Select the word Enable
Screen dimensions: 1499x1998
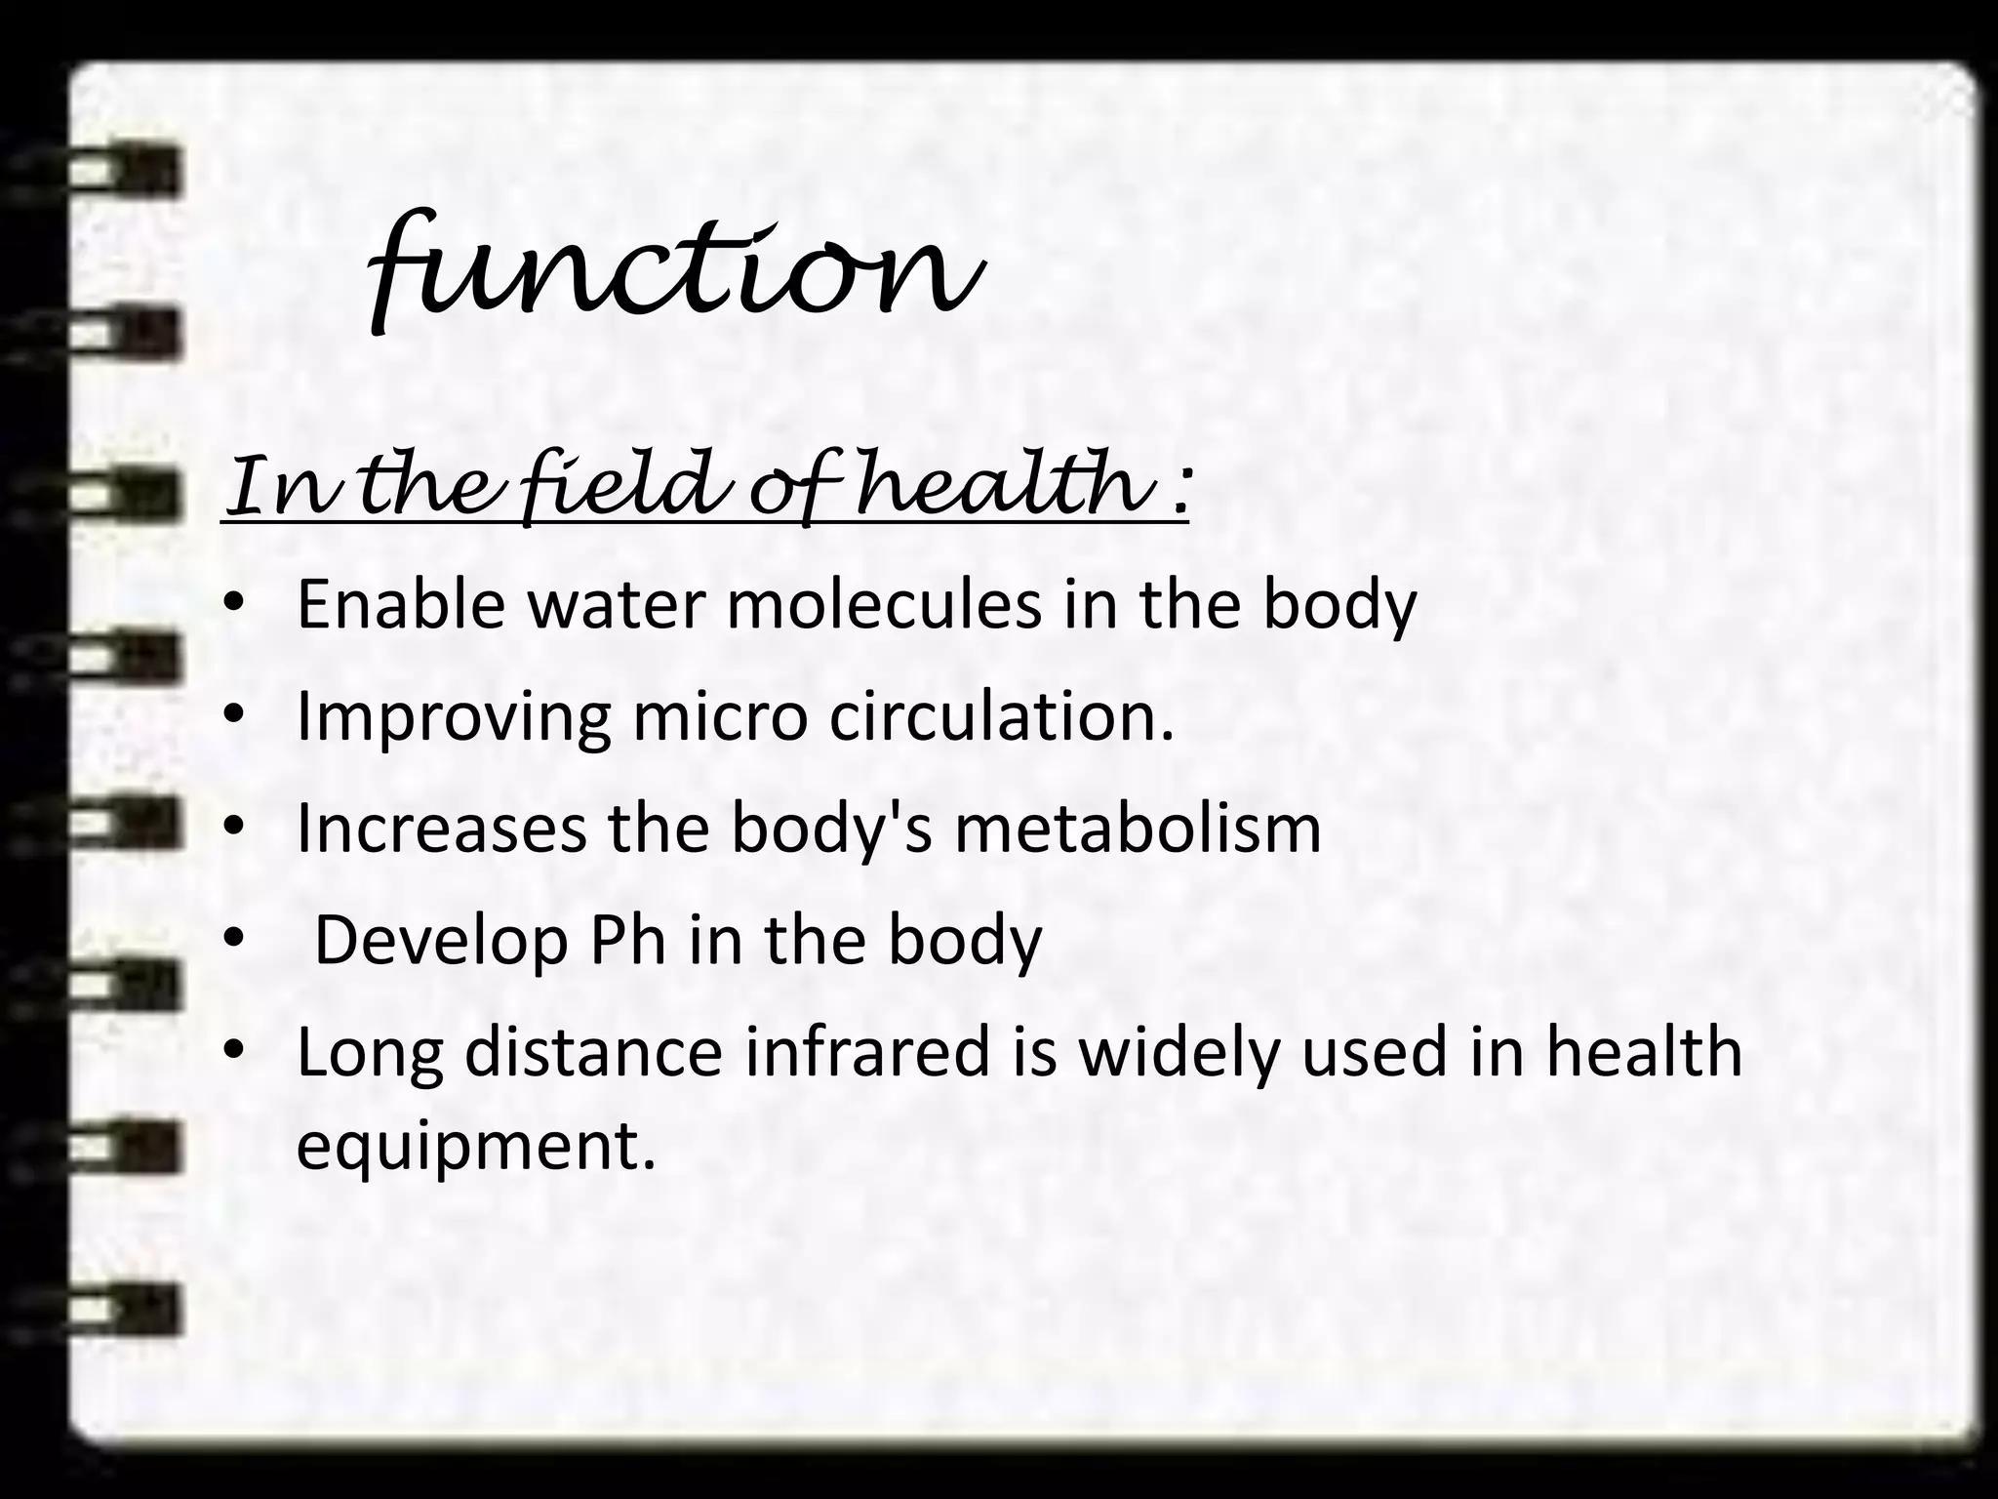pos(401,604)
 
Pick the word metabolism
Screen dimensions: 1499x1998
pos(1138,829)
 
